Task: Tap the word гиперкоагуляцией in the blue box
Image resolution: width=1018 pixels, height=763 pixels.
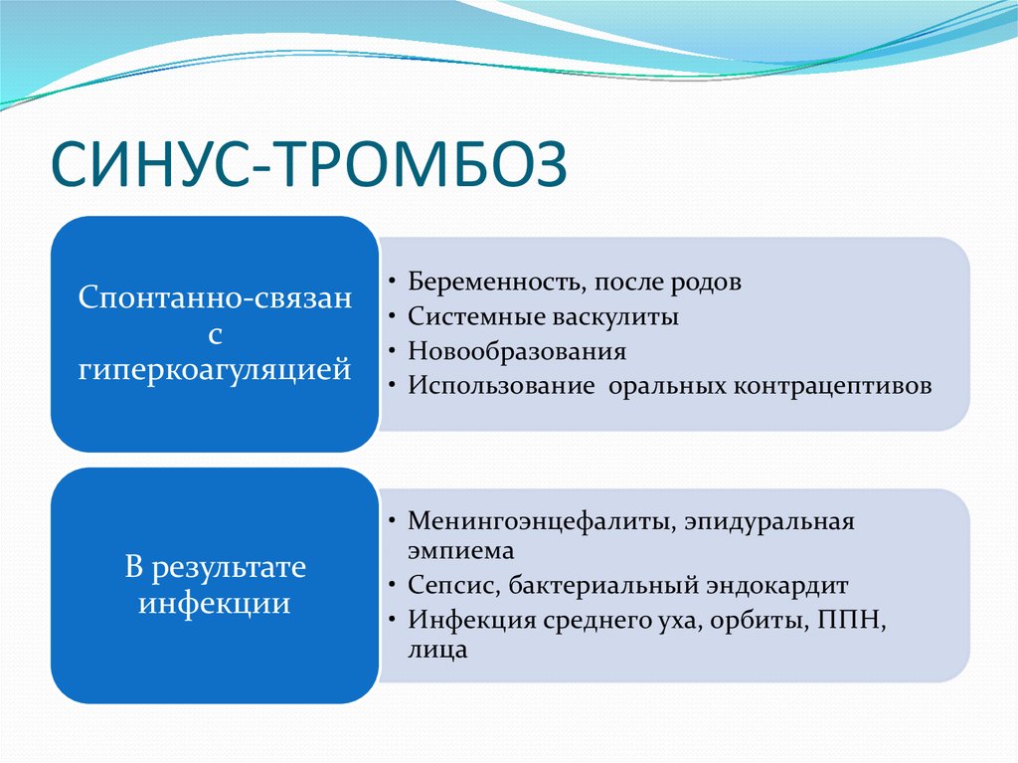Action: coord(215,370)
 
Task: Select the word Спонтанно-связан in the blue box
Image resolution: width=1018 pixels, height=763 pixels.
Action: coord(215,298)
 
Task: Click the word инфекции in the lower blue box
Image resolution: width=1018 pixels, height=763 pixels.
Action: coord(215,604)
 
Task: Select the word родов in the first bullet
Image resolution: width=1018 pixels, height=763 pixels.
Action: coord(706,282)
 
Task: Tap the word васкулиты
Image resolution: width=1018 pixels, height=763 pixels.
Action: coord(615,316)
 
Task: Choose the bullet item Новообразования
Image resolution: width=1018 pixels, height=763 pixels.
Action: coord(516,351)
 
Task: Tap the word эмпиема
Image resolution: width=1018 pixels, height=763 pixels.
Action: coord(460,549)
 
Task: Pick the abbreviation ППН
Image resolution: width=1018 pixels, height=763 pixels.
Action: coord(850,620)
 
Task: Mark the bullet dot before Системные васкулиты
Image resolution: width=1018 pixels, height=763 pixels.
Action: coord(396,317)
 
